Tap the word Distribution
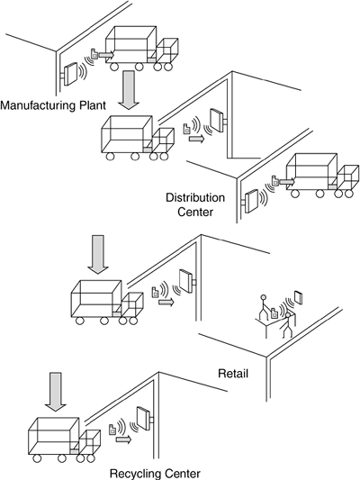[x=195, y=197]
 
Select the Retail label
[x=233, y=374]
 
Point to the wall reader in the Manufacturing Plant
[x=71, y=74]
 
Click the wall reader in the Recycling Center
[x=144, y=418]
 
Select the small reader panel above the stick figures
[x=298, y=297]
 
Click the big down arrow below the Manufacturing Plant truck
[x=129, y=90]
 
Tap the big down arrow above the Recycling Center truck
[x=56, y=392]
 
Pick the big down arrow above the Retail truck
[x=98, y=254]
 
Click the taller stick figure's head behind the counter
[x=264, y=297]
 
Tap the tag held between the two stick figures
[x=274, y=312]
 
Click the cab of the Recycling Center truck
[x=90, y=440]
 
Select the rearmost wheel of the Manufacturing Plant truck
[x=114, y=67]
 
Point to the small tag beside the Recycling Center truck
[x=112, y=430]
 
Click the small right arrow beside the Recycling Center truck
[x=123, y=439]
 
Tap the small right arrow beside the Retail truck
[x=166, y=303]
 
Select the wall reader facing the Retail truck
[x=187, y=281]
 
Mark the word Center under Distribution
[x=195, y=212]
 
